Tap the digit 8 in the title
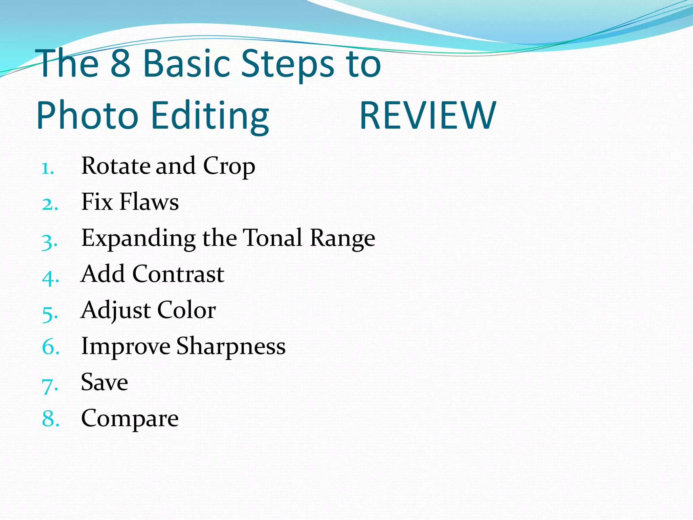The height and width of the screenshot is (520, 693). coord(121,63)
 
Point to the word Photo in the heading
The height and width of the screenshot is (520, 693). coord(87,116)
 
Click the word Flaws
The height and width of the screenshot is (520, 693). coord(149,202)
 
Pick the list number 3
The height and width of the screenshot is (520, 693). coord(49,241)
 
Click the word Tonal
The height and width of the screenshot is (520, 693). coord(272,238)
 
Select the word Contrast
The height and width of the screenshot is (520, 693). coord(178,274)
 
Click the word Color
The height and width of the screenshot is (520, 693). coord(186,310)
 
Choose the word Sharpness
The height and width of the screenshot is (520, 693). coord(231,347)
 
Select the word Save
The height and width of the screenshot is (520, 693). coord(105,382)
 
